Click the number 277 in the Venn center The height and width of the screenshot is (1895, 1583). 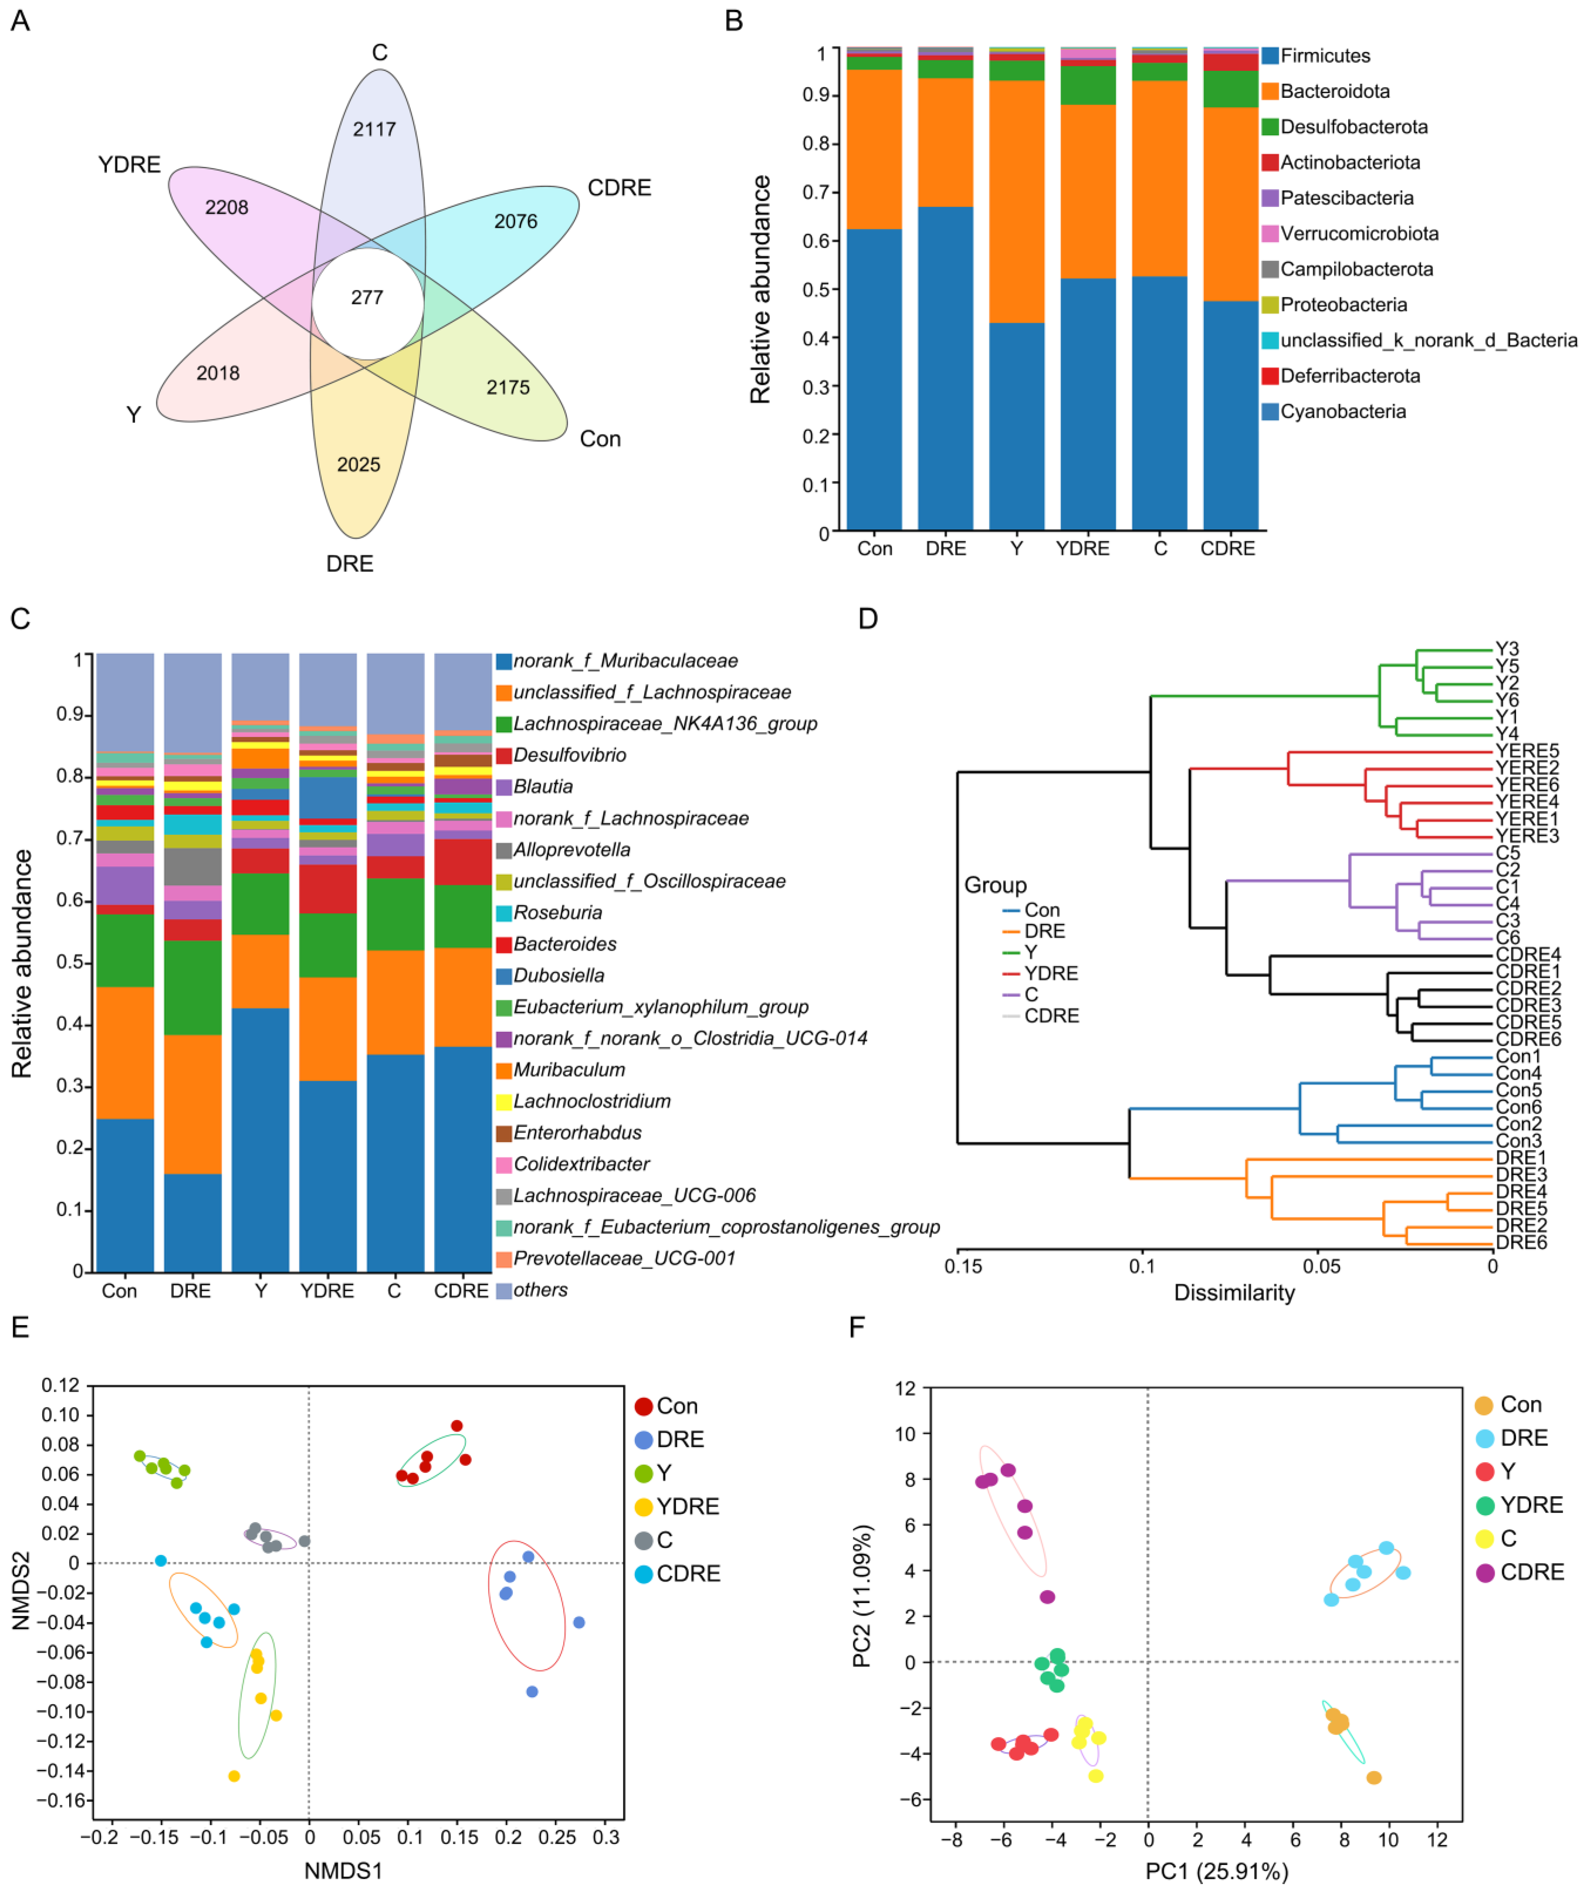click(x=367, y=298)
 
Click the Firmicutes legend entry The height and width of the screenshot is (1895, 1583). click(x=1324, y=56)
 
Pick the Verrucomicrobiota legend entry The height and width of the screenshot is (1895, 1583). click(x=1358, y=234)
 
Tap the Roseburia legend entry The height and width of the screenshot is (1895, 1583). click(x=557, y=912)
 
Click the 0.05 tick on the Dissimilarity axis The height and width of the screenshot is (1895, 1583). click(x=1320, y=1266)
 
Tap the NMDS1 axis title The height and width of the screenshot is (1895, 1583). click(x=343, y=1871)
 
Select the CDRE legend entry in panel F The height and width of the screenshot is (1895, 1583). click(x=1531, y=1572)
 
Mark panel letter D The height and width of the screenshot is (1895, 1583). click(x=867, y=619)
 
